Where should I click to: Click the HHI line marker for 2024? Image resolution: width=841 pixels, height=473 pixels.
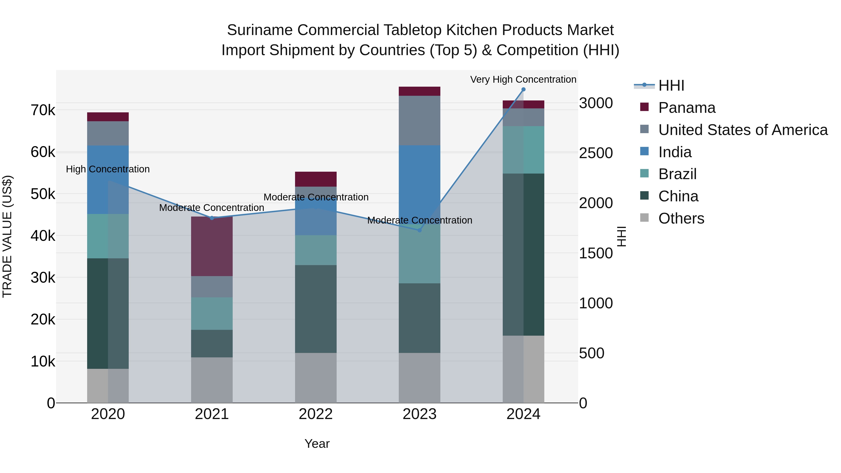(x=523, y=89)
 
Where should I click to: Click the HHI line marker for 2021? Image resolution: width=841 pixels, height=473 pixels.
(x=212, y=218)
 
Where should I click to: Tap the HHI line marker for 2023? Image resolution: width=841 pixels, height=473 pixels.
(x=420, y=230)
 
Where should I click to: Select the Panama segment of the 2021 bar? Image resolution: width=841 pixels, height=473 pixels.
(x=212, y=246)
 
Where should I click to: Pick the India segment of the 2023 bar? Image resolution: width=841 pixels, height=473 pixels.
(x=420, y=176)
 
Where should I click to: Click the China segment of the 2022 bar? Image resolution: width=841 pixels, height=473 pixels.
(x=316, y=309)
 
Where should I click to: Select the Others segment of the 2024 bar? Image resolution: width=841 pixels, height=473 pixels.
(x=523, y=369)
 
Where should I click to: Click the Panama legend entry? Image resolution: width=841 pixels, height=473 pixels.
(x=687, y=108)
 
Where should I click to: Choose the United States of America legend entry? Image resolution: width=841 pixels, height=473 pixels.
(x=743, y=130)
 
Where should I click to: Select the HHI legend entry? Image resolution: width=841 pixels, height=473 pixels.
(x=671, y=85)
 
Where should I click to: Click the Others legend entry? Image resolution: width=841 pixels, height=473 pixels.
(x=681, y=218)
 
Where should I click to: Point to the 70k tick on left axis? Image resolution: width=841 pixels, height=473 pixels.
(x=43, y=110)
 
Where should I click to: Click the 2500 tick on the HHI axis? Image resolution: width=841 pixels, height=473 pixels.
(x=596, y=153)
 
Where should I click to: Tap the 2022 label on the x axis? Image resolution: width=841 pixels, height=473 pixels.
(x=316, y=414)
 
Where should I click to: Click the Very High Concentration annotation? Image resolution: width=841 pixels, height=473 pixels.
(x=523, y=79)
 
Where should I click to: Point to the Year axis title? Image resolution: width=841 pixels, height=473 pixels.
(x=317, y=444)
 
